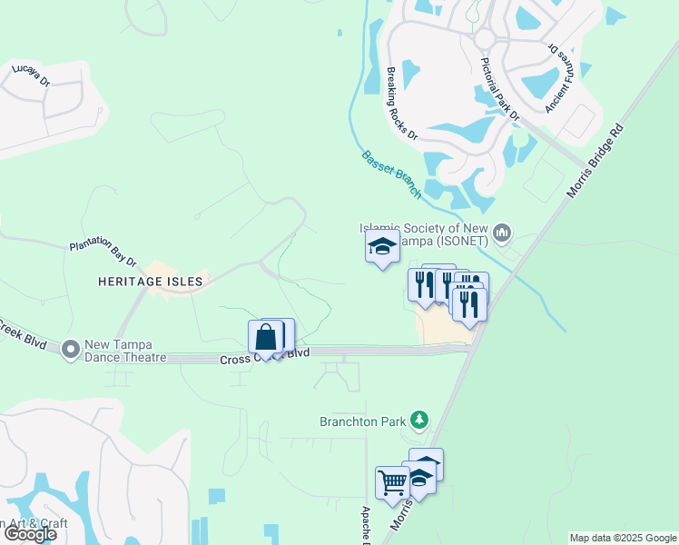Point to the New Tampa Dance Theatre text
[125, 352]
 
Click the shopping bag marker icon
[266, 338]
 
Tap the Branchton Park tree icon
[418, 420]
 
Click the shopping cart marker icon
[392, 482]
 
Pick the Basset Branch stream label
[391, 173]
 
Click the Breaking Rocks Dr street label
[400, 104]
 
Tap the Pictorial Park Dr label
[499, 89]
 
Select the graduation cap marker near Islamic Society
[382, 246]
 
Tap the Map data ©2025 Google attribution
[623, 538]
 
